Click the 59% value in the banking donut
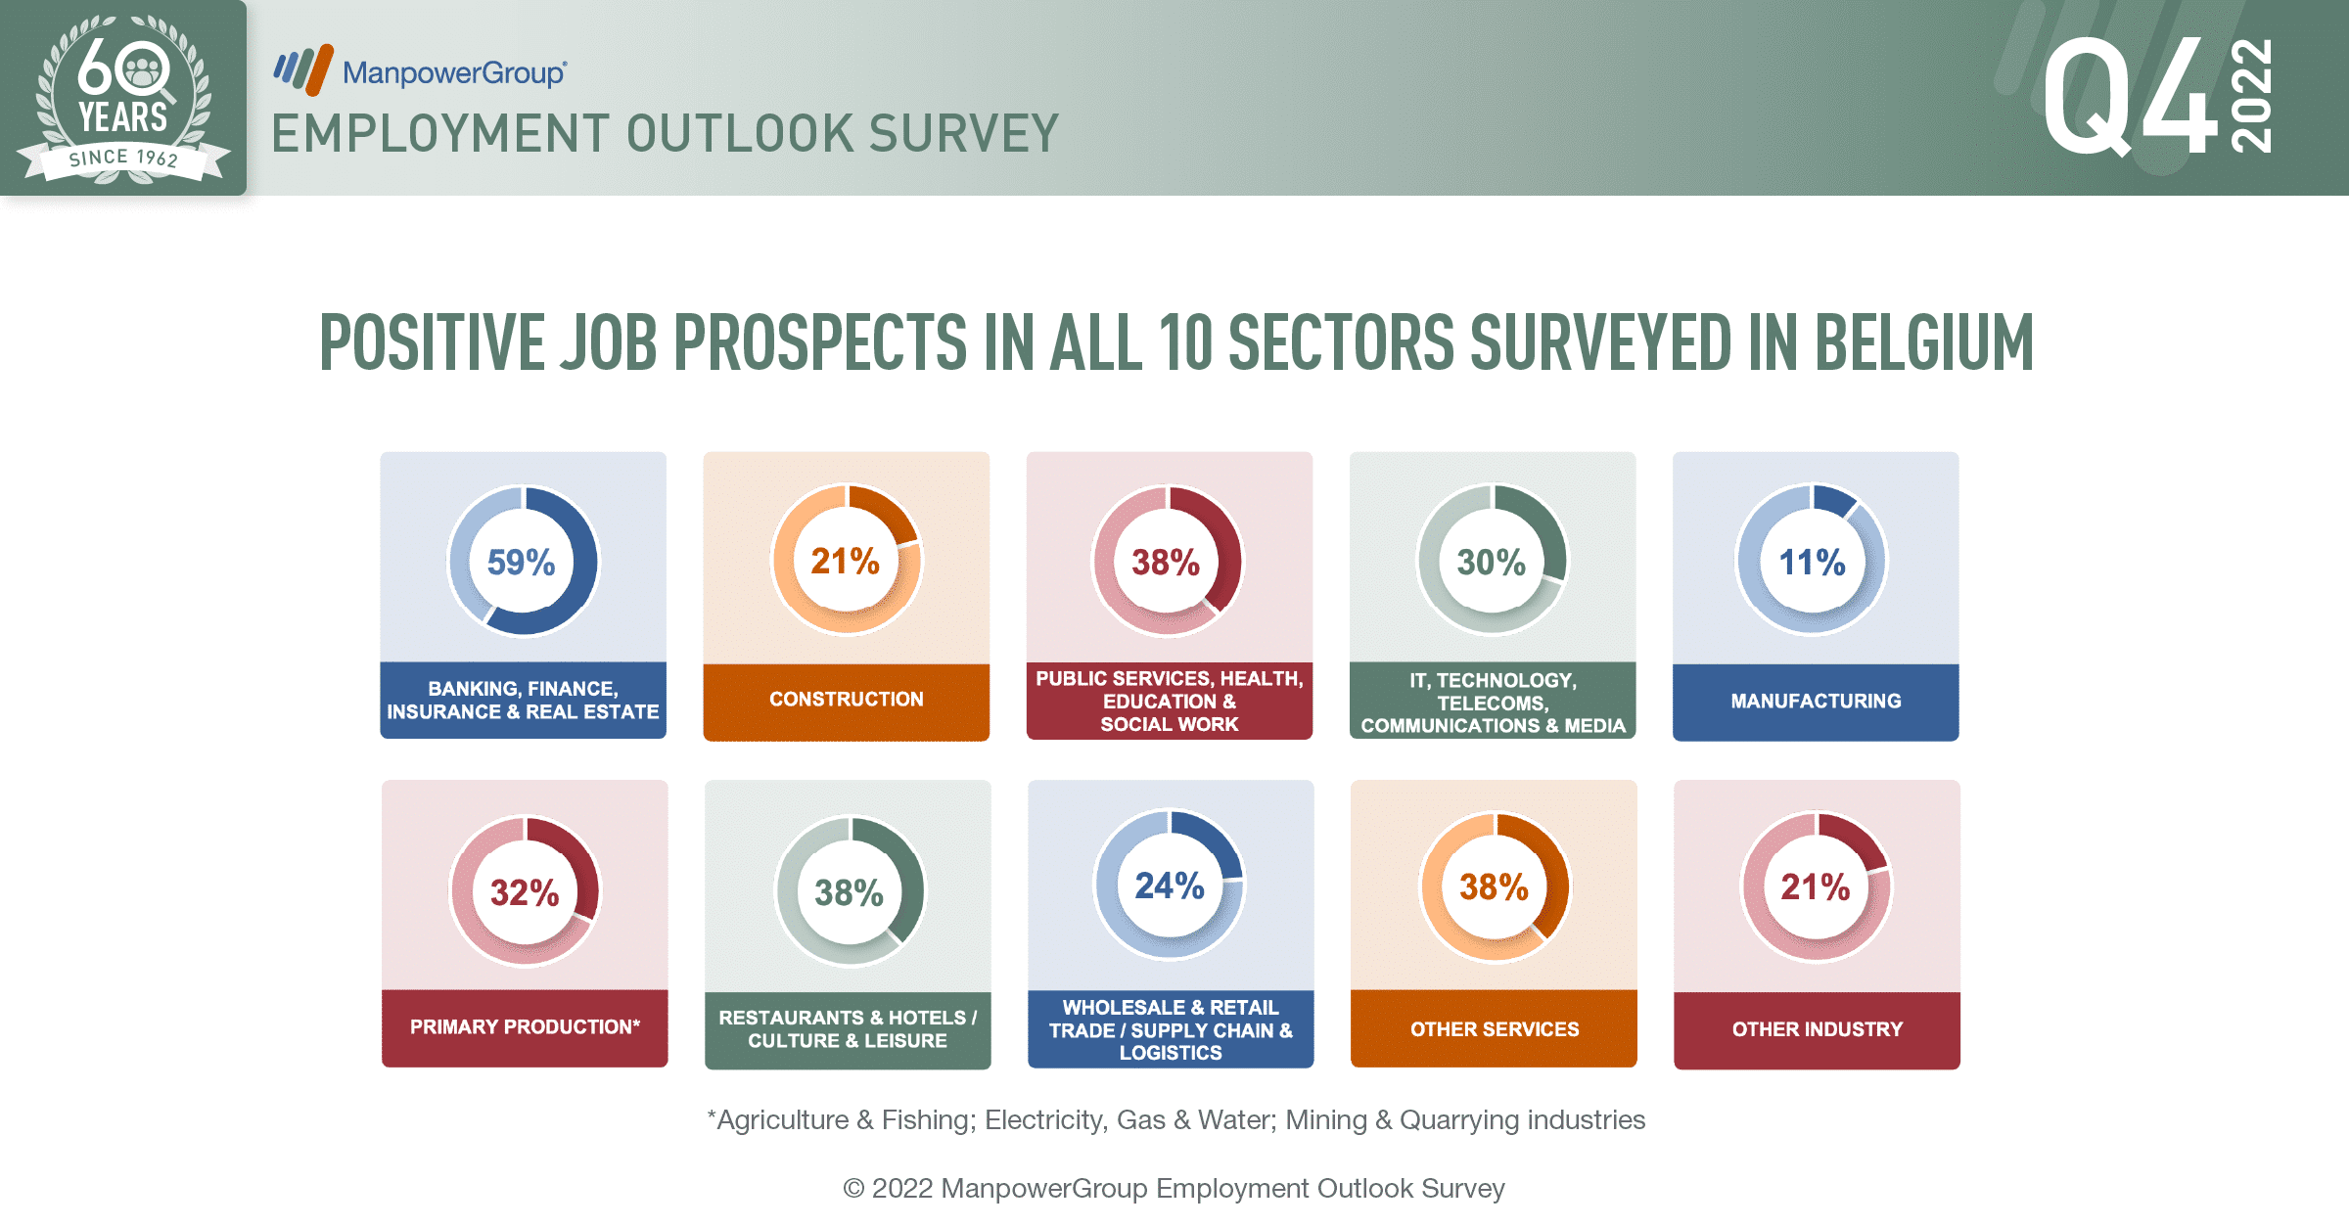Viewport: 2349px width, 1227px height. pyautogui.click(x=521, y=563)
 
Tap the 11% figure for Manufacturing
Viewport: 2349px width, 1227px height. pyautogui.click(x=1812, y=563)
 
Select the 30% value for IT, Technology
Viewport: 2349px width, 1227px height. pyautogui.click(x=1491, y=563)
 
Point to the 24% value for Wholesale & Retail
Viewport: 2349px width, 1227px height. pyautogui.click(x=1170, y=886)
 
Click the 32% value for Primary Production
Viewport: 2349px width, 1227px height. pyautogui.click(x=525, y=892)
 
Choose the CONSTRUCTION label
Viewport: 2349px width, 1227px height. pyautogui.click(x=847, y=700)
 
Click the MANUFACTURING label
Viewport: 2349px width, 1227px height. pyautogui.click(x=1816, y=701)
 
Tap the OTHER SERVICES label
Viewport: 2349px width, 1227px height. pyautogui.click(x=1495, y=1029)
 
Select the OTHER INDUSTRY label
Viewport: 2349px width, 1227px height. pyautogui.click(x=1818, y=1029)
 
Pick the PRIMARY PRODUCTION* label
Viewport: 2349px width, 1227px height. pyautogui.click(x=525, y=1027)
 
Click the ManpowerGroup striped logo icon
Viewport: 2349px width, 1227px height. pyautogui.click(x=303, y=69)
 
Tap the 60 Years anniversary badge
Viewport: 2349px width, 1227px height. pyautogui.click(x=123, y=98)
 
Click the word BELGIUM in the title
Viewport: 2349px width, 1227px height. pyautogui.click(x=1924, y=343)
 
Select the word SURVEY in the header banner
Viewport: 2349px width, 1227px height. pyautogui.click(x=964, y=134)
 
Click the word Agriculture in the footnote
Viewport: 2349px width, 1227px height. pyautogui.click(x=782, y=1120)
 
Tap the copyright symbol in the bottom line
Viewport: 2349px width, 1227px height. pyautogui.click(x=853, y=1189)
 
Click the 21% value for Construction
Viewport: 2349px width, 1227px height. pyautogui.click(x=845, y=562)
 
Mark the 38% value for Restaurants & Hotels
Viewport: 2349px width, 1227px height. pyautogui.click(x=849, y=893)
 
